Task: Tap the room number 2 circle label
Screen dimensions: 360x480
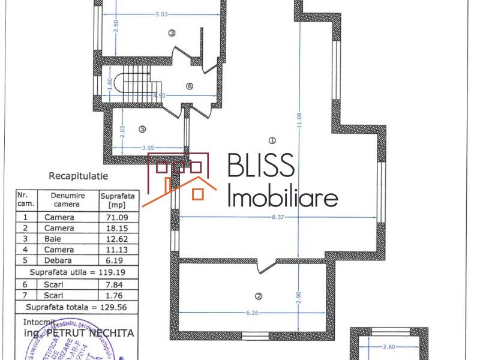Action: [259, 296]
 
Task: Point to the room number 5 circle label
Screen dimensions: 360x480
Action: [142, 128]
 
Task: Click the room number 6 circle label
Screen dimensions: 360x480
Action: [190, 86]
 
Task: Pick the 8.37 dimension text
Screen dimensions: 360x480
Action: [277, 217]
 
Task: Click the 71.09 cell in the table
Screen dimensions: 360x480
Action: [118, 217]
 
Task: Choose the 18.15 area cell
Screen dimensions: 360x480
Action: [118, 228]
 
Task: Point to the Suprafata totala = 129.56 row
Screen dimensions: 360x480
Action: [76, 307]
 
